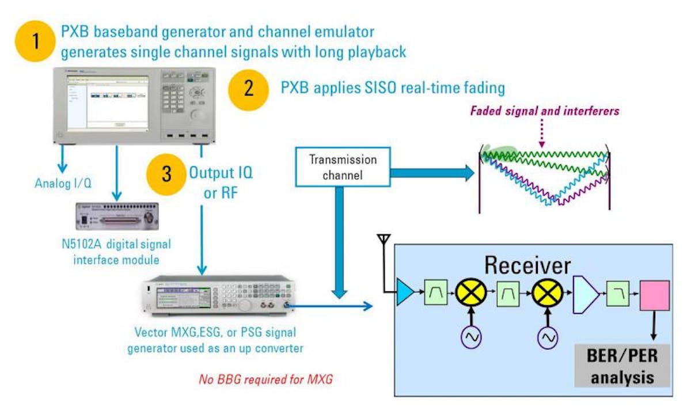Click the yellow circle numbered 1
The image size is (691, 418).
click(x=36, y=42)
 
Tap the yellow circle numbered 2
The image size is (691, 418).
click(x=248, y=89)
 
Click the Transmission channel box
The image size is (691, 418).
click(x=343, y=167)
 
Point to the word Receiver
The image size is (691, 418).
click(x=527, y=265)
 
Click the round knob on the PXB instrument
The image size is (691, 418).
click(x=199, y=115)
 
